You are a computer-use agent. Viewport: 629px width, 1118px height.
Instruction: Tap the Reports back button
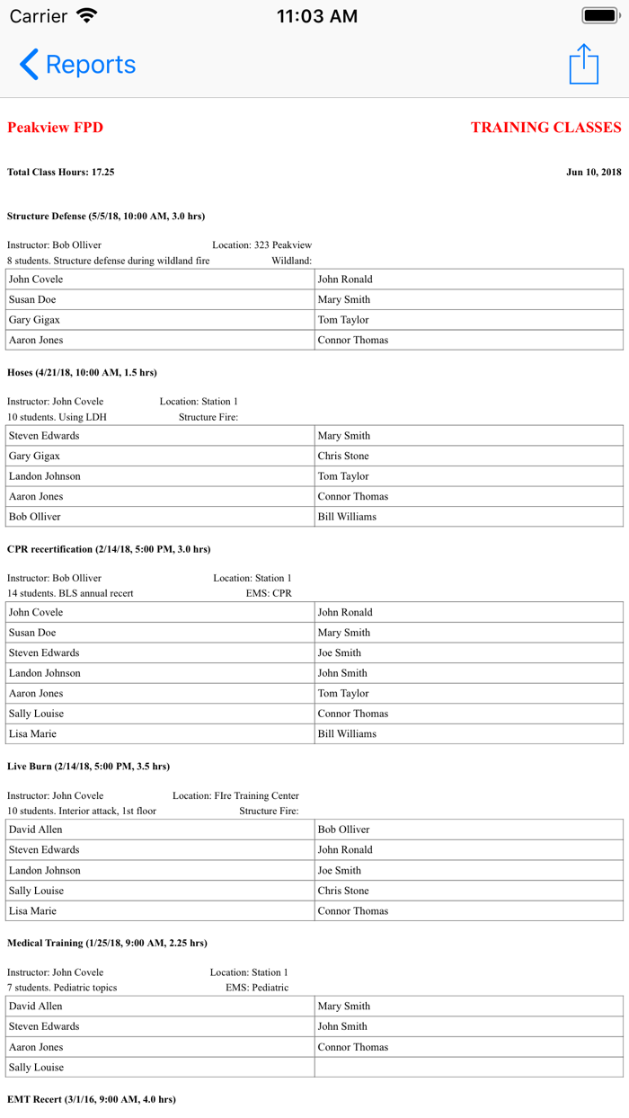pyautogui.click(x=77, y=65)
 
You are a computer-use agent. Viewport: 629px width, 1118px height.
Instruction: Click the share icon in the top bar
pyautogui.click(x=584, y=64)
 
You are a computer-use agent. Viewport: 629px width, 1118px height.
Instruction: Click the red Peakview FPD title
pyautogui.click(x=55, y=128)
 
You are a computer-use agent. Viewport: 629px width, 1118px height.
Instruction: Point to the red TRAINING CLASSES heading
pyautogui.click(x=545, y=128)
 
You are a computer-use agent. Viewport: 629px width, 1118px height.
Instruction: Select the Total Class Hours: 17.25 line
pyautogui.click(x=61, y=172)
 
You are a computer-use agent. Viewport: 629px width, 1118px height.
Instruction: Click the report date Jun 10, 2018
pyautogui.click(x=593, y=172)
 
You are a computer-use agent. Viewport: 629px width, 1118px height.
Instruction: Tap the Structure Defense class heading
pyautogui.click(x=106, y=216)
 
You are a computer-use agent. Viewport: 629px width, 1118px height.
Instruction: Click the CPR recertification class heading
pyautogui.click(x=109, y=549)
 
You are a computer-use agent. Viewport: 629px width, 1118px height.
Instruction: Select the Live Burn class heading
pyautogui.click(x=88, y=767)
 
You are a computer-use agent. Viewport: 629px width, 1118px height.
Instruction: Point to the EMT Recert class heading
pyautogui.click(x=92, y=1099)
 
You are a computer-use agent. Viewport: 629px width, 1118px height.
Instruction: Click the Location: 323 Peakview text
pyautogui.click(x=261, y=244)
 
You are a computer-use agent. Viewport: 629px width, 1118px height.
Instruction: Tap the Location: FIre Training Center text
pyautogui.click(x=235, y=795)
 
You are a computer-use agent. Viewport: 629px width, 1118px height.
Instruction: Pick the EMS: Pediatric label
pyautogui.click(x=257, y=987)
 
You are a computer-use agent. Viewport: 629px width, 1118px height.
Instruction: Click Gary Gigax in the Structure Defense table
pyautogui.click(x=35, y=320)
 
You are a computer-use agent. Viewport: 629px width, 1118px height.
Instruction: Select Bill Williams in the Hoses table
pyautogui.click(x=347, y=517)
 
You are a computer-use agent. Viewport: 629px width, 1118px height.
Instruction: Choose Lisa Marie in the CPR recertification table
pyautogui.click(x=32, y=734)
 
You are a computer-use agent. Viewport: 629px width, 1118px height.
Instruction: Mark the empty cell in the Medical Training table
pyautogui.click(x=468, y=1068)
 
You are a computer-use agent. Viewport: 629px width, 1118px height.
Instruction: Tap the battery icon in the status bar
pyautogui.click(x=601, y=15)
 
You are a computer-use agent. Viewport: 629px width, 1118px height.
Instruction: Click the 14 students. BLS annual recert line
pyautogui.click(x=70, y=593)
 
